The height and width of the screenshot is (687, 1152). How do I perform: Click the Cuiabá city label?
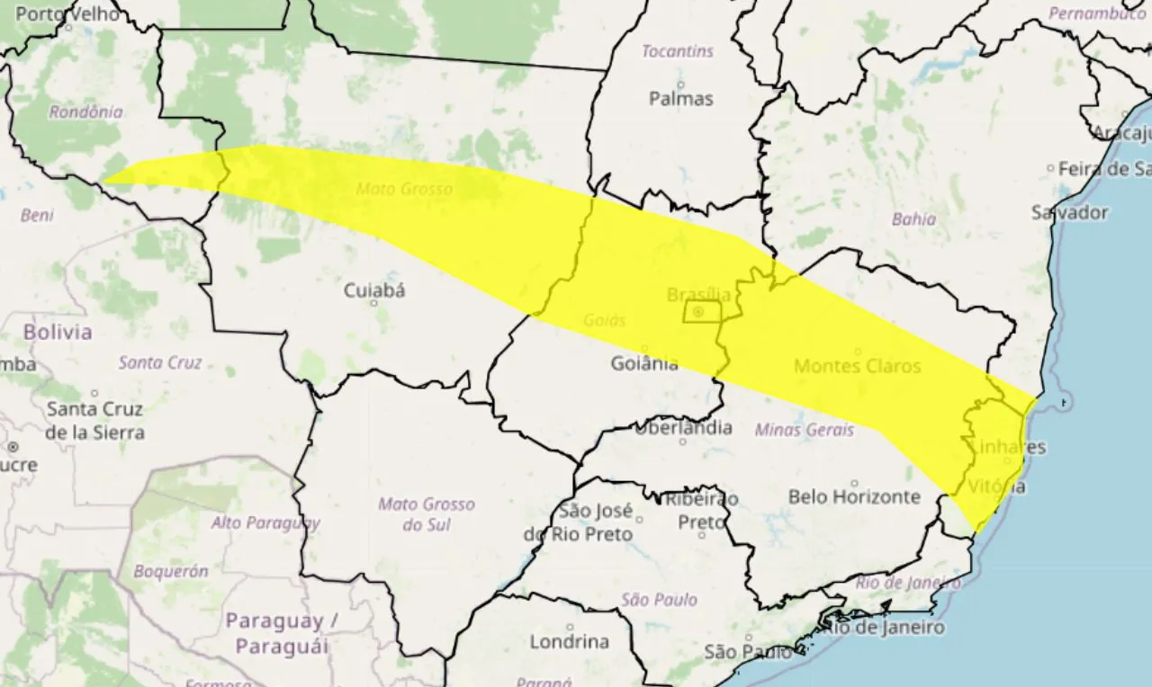pyautogui.click(x=374, y=290)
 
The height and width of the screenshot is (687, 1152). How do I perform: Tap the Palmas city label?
pyautogui.click(x=680, y=99)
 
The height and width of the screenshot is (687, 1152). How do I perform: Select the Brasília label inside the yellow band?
pyautogui.click(x=698, y=294)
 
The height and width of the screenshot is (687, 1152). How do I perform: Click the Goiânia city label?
pyautogui.click(x=643, y=364)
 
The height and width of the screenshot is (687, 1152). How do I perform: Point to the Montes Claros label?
pyautogui.click(x=857, y=366)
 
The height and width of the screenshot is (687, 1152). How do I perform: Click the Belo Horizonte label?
pyautogui.click(x=854, y=496)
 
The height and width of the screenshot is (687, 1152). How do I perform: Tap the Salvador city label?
pyautogui.click(x=1069, y=213)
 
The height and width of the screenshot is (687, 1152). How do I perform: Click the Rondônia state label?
pyautogui.click(x=85, y=112)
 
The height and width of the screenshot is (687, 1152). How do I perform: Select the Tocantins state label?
pyautogui.click(x=677, y=51)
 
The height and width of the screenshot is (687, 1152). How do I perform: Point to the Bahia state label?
pyautogui.click(x=913, y=219)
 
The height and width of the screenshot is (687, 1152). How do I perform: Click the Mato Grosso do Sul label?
pyautogui.click(x=426, y=514)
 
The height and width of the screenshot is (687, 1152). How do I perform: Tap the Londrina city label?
pyautogui.click(x=569, y=642)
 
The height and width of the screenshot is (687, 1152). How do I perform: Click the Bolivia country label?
pyautogui.click(x=58, y=332)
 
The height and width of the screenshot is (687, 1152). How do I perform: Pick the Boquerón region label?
pyautogui.click(x=171, y=571)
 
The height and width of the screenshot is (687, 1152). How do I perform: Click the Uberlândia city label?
pyautogui.click(x=683, y=428)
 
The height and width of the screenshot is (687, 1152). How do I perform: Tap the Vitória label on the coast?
pyautogui.click(x=997, y=486)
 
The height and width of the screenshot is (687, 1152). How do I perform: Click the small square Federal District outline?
pyautogui.click(x=701, y=312)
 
